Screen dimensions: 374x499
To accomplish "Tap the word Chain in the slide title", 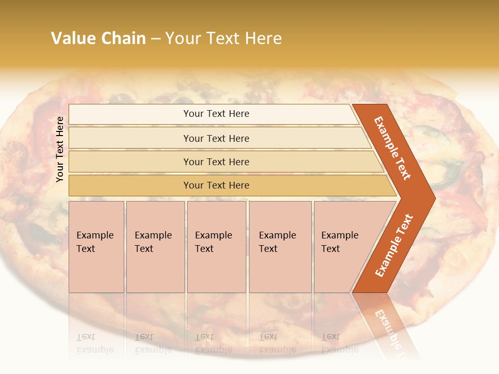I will pyautogui.click(x=123, y=38).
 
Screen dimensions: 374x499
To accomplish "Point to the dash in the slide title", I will pyautogui.click(x=155, y=39).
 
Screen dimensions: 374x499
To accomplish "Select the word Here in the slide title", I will pyautogui.click(x=263, y=38).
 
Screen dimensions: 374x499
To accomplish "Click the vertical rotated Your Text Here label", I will pyautogui.click(x=60, y=149).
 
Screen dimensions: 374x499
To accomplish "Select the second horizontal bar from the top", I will pyautogui.click(x=216, y=138).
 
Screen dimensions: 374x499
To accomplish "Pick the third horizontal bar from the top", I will pyautogui.click(x=216, y=162).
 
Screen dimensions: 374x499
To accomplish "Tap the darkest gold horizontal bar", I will pyautogui.click(x=216, y=185).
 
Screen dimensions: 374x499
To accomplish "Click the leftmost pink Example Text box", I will pyautogui.click(x=96, y=247).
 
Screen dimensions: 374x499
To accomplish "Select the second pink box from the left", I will pyautogui.click(x=155, y=247).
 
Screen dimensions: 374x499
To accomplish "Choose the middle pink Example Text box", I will pyautogui.click(x=216, y=247).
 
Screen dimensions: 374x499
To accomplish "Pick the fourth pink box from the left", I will pyautogui.click(x=280, y=247).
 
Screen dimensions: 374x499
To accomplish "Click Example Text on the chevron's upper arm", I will pyautogui.click(x=392, y=148).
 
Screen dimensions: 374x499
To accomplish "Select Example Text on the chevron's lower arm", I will pyautogui.click(x=393, y=246).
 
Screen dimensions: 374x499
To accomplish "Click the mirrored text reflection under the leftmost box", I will pyautogui.click(x=95, y=343).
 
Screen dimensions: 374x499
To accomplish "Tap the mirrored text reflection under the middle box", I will pyautogui.click(x=214, y=343).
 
